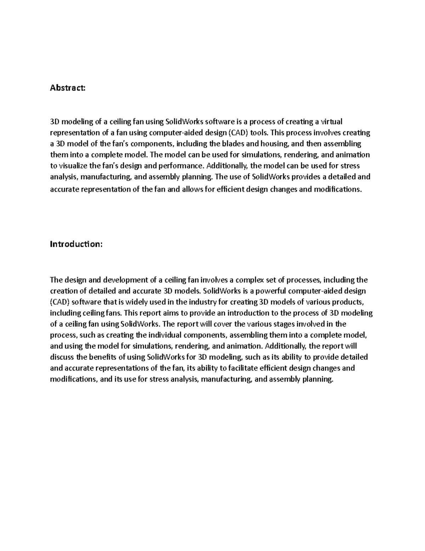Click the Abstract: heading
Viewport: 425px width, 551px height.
pyautogui.click(x=68, y=88)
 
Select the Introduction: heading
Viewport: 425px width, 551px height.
pyautogui.click(x=76, y=244)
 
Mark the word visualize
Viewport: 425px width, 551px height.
pyautogui.click(x=73, y=166)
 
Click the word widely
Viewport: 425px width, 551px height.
pyautogui.click(x=135, y=302)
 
